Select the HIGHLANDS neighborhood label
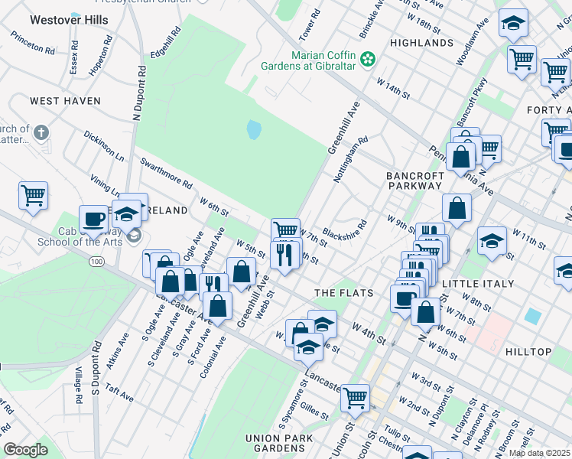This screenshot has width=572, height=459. coord(421,43)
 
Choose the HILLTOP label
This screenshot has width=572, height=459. coord(528,352)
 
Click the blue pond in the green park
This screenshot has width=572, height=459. coord(253,130)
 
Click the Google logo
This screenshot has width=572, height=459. coord(25,450)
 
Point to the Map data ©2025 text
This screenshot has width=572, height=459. coord(538,453)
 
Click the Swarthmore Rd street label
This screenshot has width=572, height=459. coord(167,173)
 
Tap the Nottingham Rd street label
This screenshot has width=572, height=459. coord(351,159)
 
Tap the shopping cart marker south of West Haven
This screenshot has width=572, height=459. coord(33,196)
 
